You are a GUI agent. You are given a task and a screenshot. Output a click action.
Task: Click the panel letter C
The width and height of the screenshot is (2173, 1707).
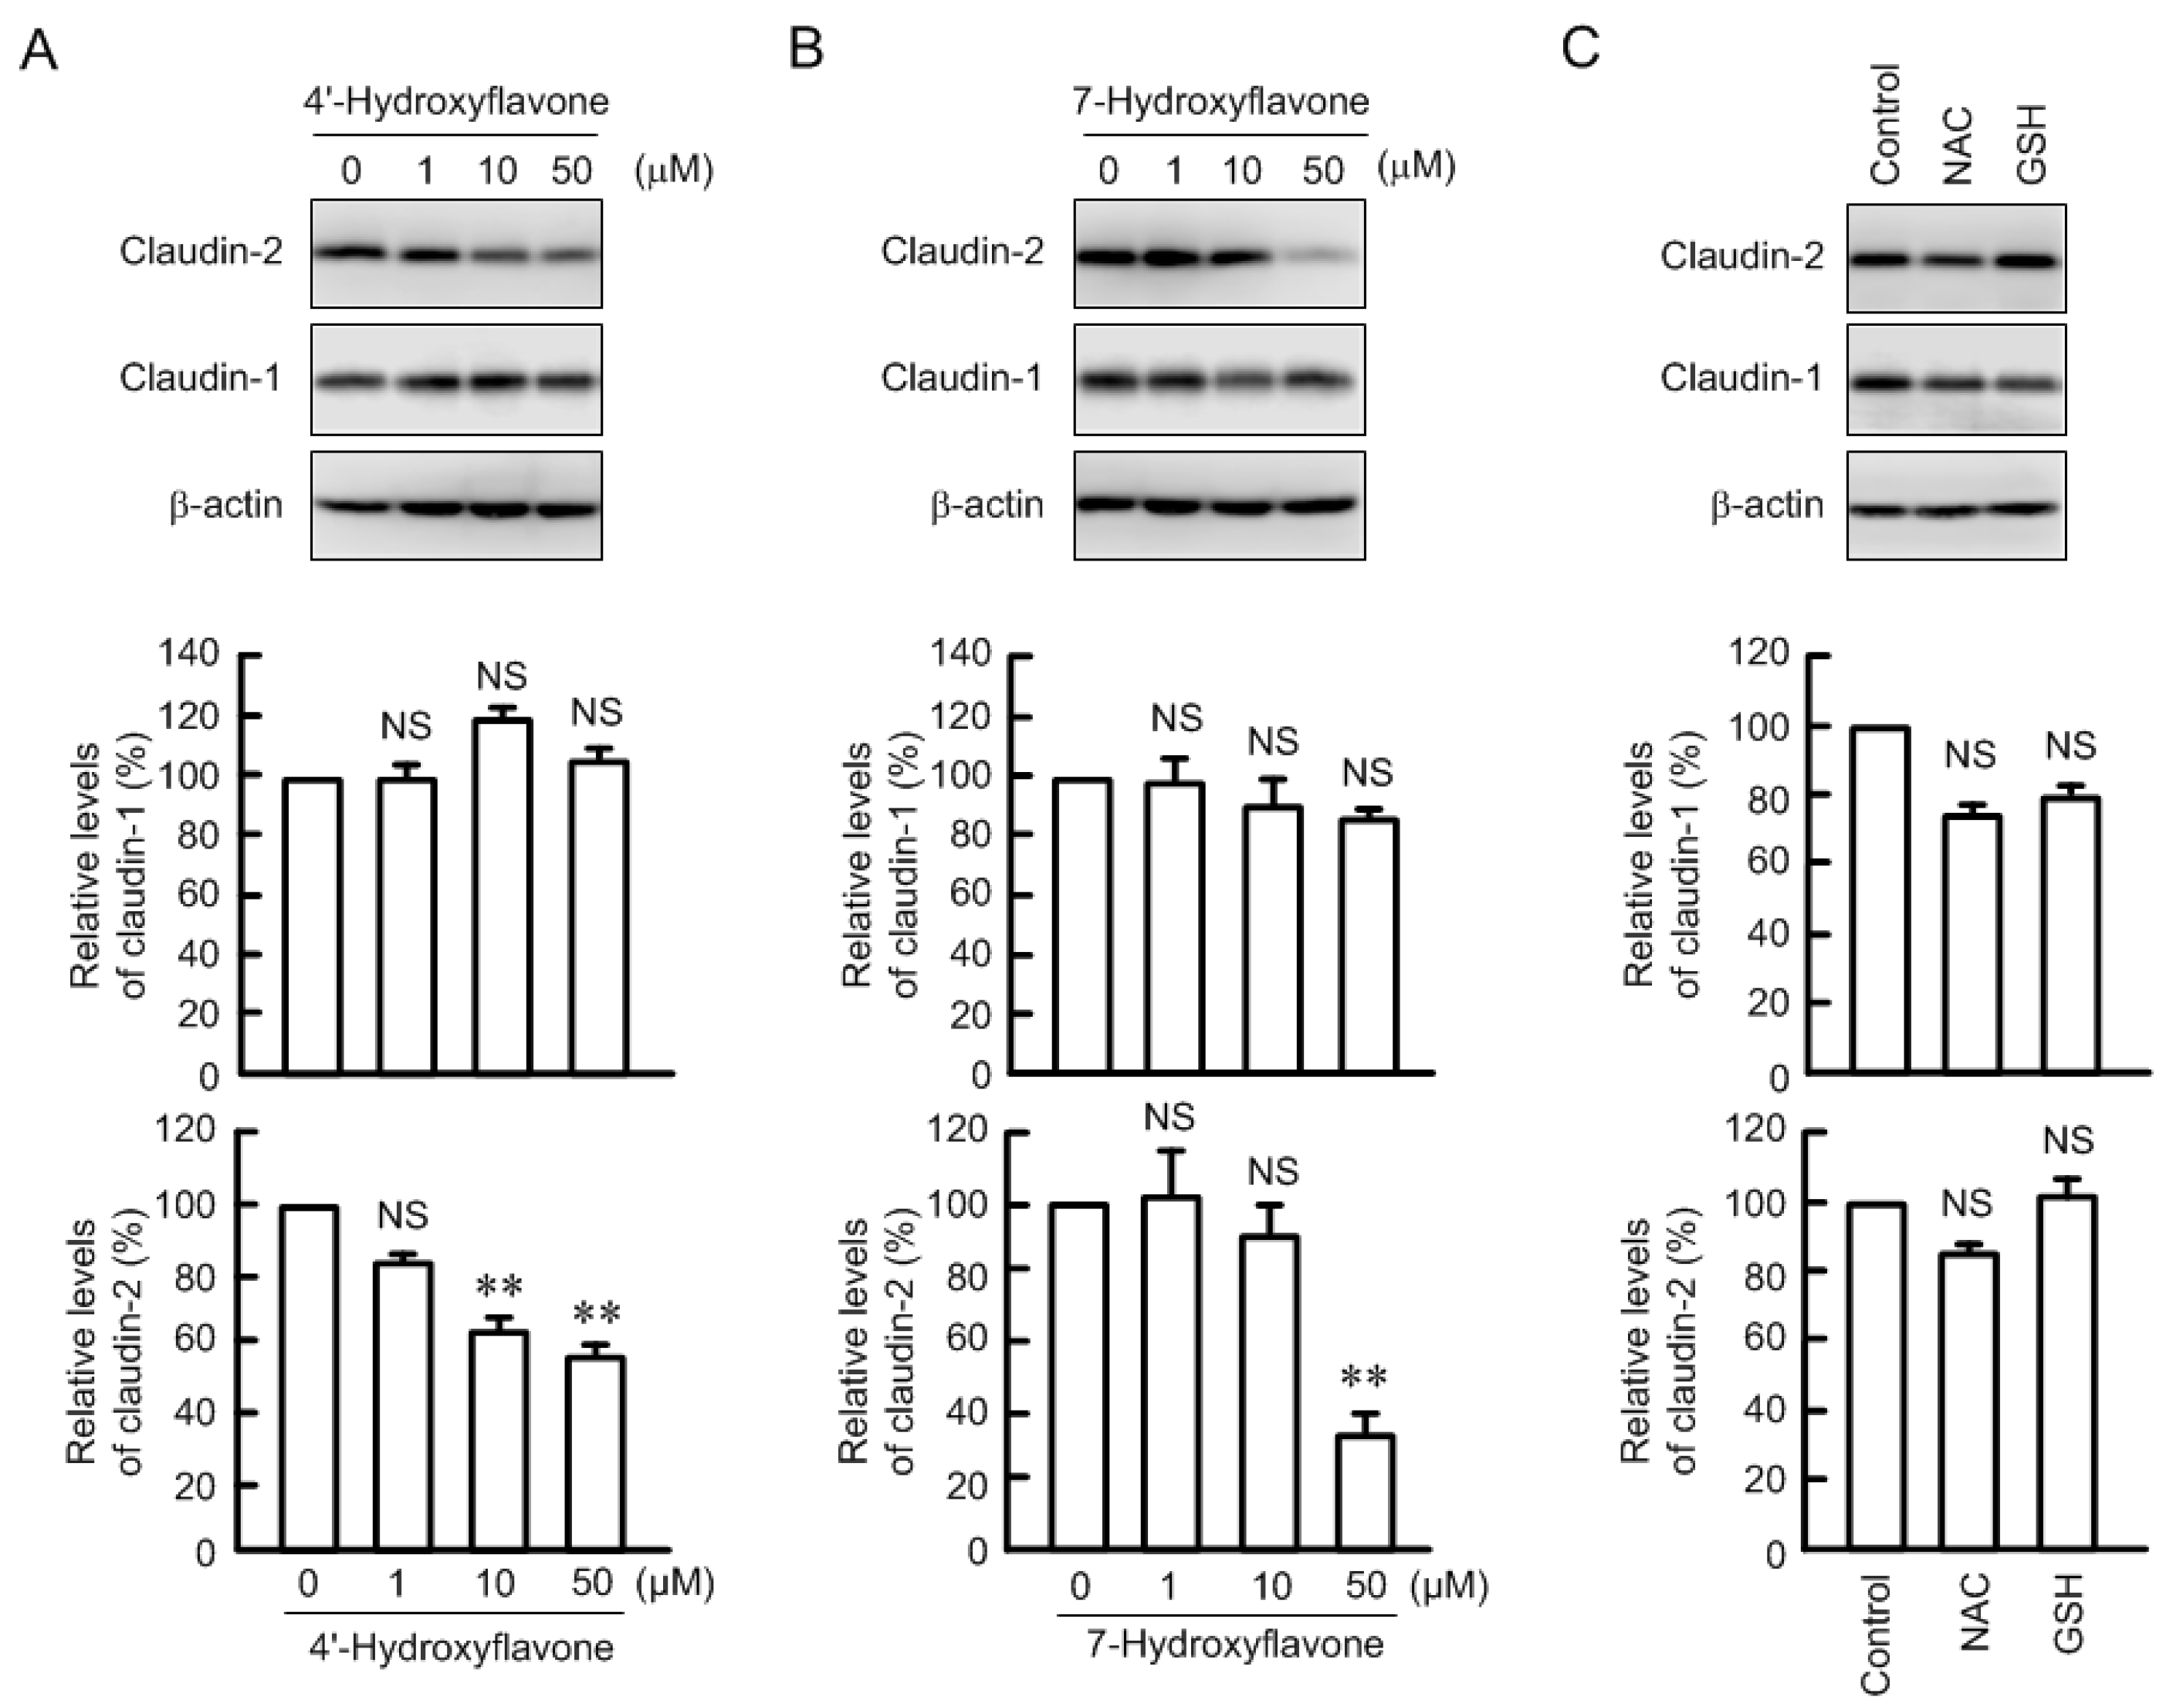(1582, 47)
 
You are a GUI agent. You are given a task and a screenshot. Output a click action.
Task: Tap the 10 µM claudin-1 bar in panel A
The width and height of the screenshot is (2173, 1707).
(503, 896)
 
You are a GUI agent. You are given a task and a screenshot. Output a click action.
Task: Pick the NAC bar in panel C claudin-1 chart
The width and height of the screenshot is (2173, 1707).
(1972, 944)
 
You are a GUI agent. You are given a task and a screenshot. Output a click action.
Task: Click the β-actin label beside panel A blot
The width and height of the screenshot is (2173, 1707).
(226, 505)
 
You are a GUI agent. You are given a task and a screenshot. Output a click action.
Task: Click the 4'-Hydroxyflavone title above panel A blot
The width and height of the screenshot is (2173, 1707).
(456, 101)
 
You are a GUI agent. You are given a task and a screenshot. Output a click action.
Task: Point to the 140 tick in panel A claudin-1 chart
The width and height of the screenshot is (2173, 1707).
(190, 655)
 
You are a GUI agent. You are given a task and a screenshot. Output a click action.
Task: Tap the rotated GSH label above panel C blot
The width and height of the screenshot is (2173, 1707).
(2033, 143)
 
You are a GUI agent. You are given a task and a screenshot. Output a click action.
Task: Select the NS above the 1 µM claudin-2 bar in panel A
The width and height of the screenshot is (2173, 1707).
(403, 1215)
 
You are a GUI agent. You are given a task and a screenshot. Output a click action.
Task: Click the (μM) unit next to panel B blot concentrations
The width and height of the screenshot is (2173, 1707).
(1417, 167)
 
